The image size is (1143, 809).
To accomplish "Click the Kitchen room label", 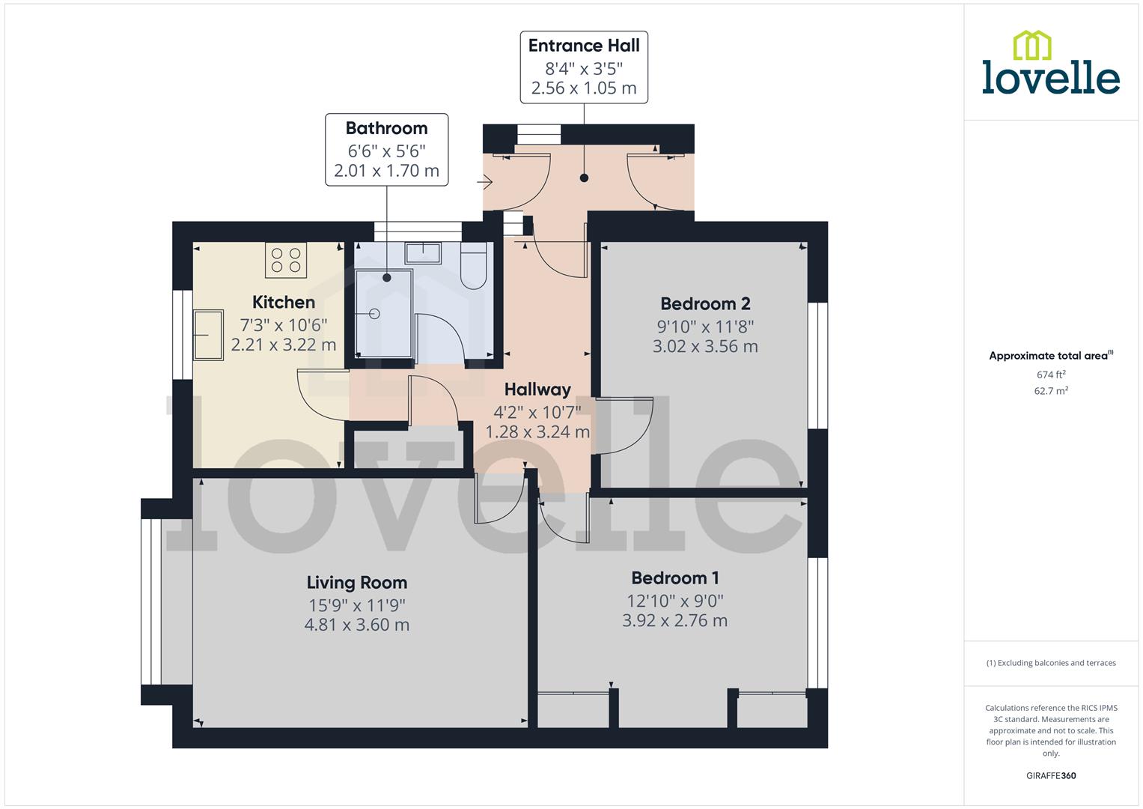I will click(283, 302).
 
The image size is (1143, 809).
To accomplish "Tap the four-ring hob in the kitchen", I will click(286, 260).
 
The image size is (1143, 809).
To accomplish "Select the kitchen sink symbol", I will click(208, 335).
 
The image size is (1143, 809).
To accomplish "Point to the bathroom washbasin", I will click(424, 252).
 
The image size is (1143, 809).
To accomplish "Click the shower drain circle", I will click(374, 314).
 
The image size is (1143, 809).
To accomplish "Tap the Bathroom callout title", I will click(386, 128).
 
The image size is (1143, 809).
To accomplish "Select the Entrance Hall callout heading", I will click(584, 46).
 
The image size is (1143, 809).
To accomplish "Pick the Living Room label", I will click(356, 582).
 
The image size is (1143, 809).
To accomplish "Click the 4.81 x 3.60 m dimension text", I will click(356, 625).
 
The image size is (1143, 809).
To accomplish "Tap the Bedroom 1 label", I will click(674, 578).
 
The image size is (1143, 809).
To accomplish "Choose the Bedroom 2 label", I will click(704, 303).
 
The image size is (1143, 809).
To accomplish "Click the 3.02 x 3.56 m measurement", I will click(704, 346).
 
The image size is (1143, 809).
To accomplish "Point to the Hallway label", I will click(537, 389).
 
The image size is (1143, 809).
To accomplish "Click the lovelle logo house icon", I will click(1031, 45).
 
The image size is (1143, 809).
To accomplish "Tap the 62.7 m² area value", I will click(1051, 390).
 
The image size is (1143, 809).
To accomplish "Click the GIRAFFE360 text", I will click(1051, 775).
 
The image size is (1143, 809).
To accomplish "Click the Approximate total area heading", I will click(1049, 356).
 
